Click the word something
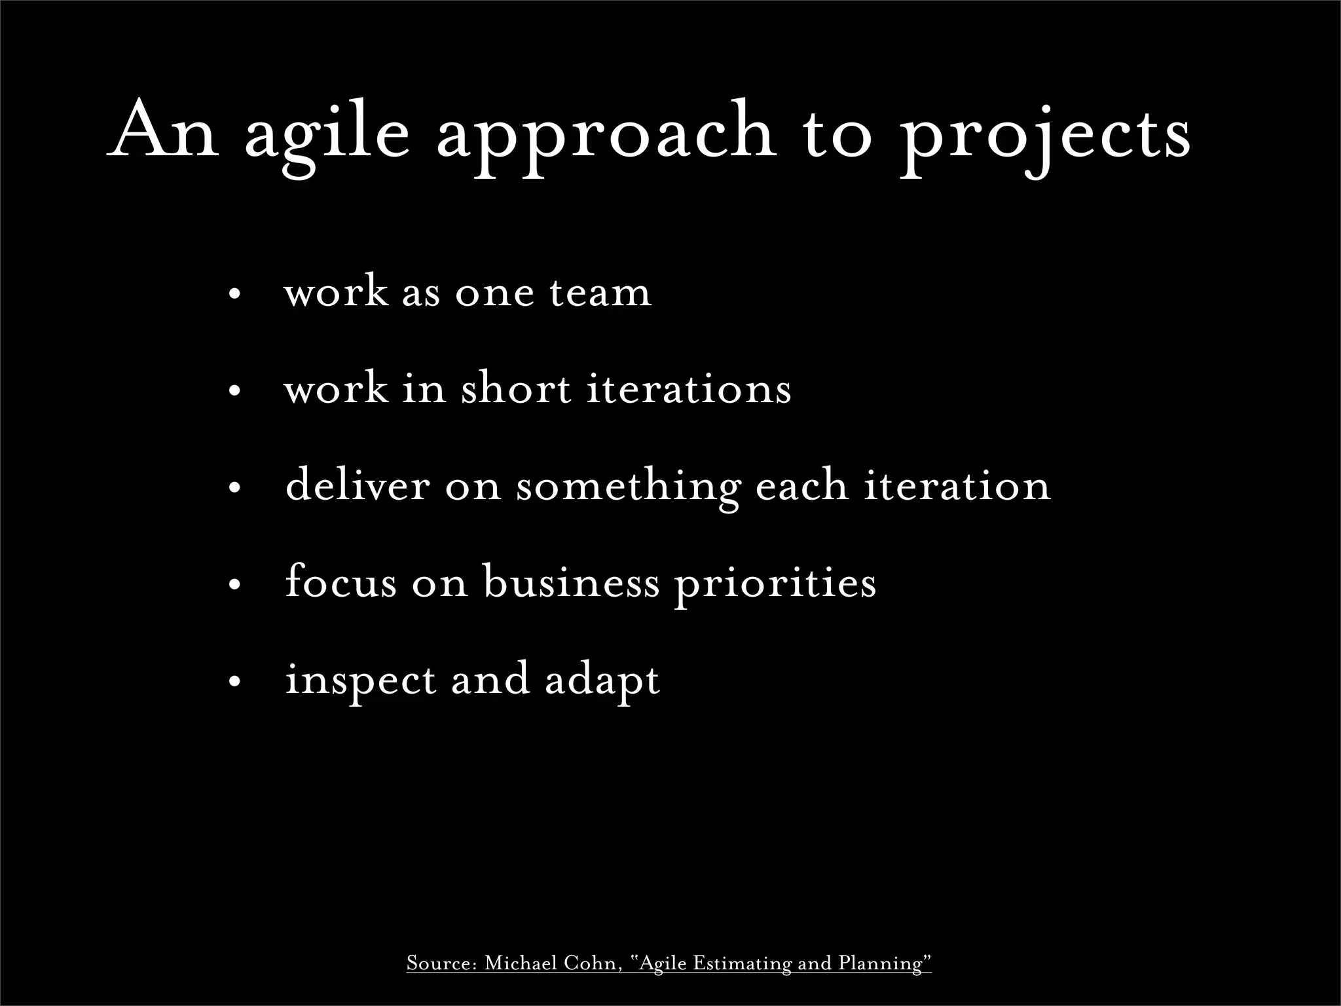click(x=628, y=488)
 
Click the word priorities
click(x=775, y=583)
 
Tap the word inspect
click(x=360, y=681)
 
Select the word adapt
click(x=602, y=681)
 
